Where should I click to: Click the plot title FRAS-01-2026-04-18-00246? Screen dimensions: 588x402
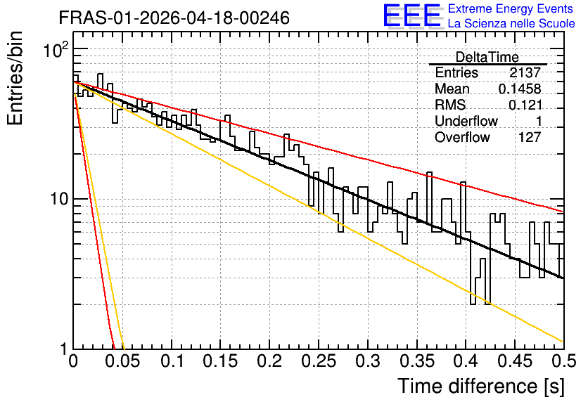(174, 18)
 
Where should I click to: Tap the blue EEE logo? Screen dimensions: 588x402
(411, 15)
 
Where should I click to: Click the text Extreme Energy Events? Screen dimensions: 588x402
(511, 8)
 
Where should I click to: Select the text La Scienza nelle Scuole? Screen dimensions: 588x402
(511, 23)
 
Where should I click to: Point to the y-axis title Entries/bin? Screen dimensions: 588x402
(15, 78)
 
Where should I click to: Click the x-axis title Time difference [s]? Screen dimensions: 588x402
(481, 386)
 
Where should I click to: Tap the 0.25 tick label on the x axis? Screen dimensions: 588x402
(319, 361)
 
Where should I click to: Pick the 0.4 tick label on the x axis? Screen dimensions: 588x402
(466, 361)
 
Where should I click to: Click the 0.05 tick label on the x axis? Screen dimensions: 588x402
(122, 361)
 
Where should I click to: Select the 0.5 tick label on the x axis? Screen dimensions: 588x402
(563, 361)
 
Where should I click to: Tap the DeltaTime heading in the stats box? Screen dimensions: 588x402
(487, 57)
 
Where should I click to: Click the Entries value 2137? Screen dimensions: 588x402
(525, 72)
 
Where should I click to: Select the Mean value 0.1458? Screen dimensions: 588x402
(520, 89)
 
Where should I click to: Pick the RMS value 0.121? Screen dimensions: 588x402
(525, 105)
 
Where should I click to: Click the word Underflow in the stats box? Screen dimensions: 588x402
(466, 121)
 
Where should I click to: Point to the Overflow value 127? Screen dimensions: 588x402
(530, 137)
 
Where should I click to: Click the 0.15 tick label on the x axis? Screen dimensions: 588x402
(221, 361)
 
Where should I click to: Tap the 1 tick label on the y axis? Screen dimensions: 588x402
(65, 349)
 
